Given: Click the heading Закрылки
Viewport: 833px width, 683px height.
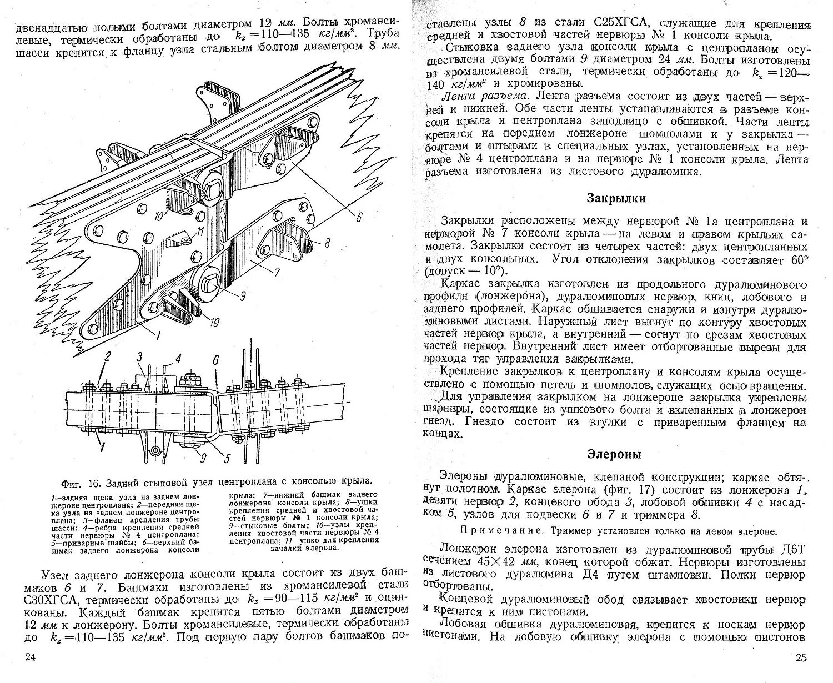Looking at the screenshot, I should [615, 198].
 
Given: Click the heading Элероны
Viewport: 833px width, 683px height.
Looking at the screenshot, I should [615, 454].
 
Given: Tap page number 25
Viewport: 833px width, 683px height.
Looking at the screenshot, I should [800, 659].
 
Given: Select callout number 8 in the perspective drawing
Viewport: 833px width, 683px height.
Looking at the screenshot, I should [326, 242].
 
